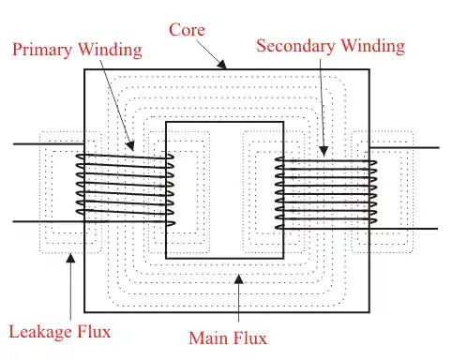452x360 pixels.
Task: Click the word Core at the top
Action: coord(188,29)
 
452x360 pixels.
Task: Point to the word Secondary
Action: coord(293,45)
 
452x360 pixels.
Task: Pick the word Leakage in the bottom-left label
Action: coord(39,331)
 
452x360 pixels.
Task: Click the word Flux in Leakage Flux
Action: coord(98,331)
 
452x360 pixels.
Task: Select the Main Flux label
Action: coord(228,337)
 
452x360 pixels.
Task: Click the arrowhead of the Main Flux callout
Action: coord(238,276)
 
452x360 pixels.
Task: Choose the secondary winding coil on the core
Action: coord(324,193)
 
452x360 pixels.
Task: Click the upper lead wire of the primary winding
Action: coord(42,144)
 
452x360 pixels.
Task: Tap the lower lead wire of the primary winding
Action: coord(42,221)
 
